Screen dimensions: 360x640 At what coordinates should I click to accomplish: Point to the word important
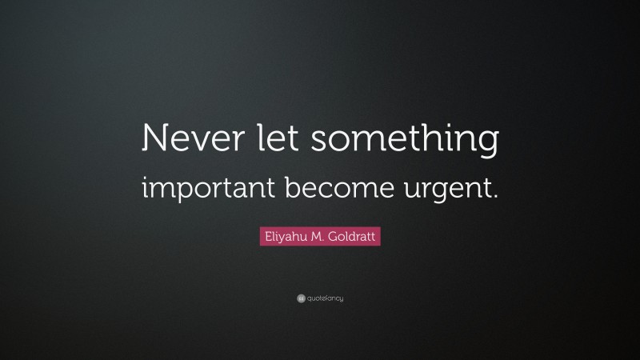pos(209,190)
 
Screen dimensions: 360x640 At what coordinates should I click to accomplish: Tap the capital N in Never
pos(155,140)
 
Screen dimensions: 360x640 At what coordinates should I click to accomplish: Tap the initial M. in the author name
pos(318,237)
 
